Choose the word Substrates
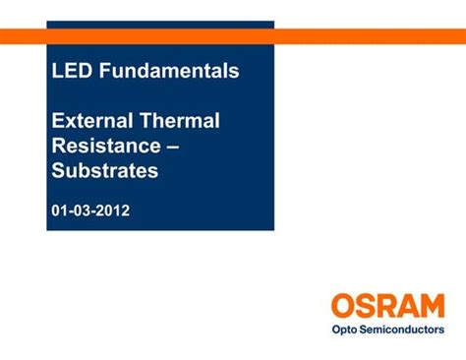[x=105, y=171]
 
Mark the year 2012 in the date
[x=113, y=210]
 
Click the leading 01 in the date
[x=61, y=210]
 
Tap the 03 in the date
[x=84, y=210]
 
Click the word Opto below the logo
[x=346, y=330]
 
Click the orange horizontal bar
[x=374, y=36]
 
